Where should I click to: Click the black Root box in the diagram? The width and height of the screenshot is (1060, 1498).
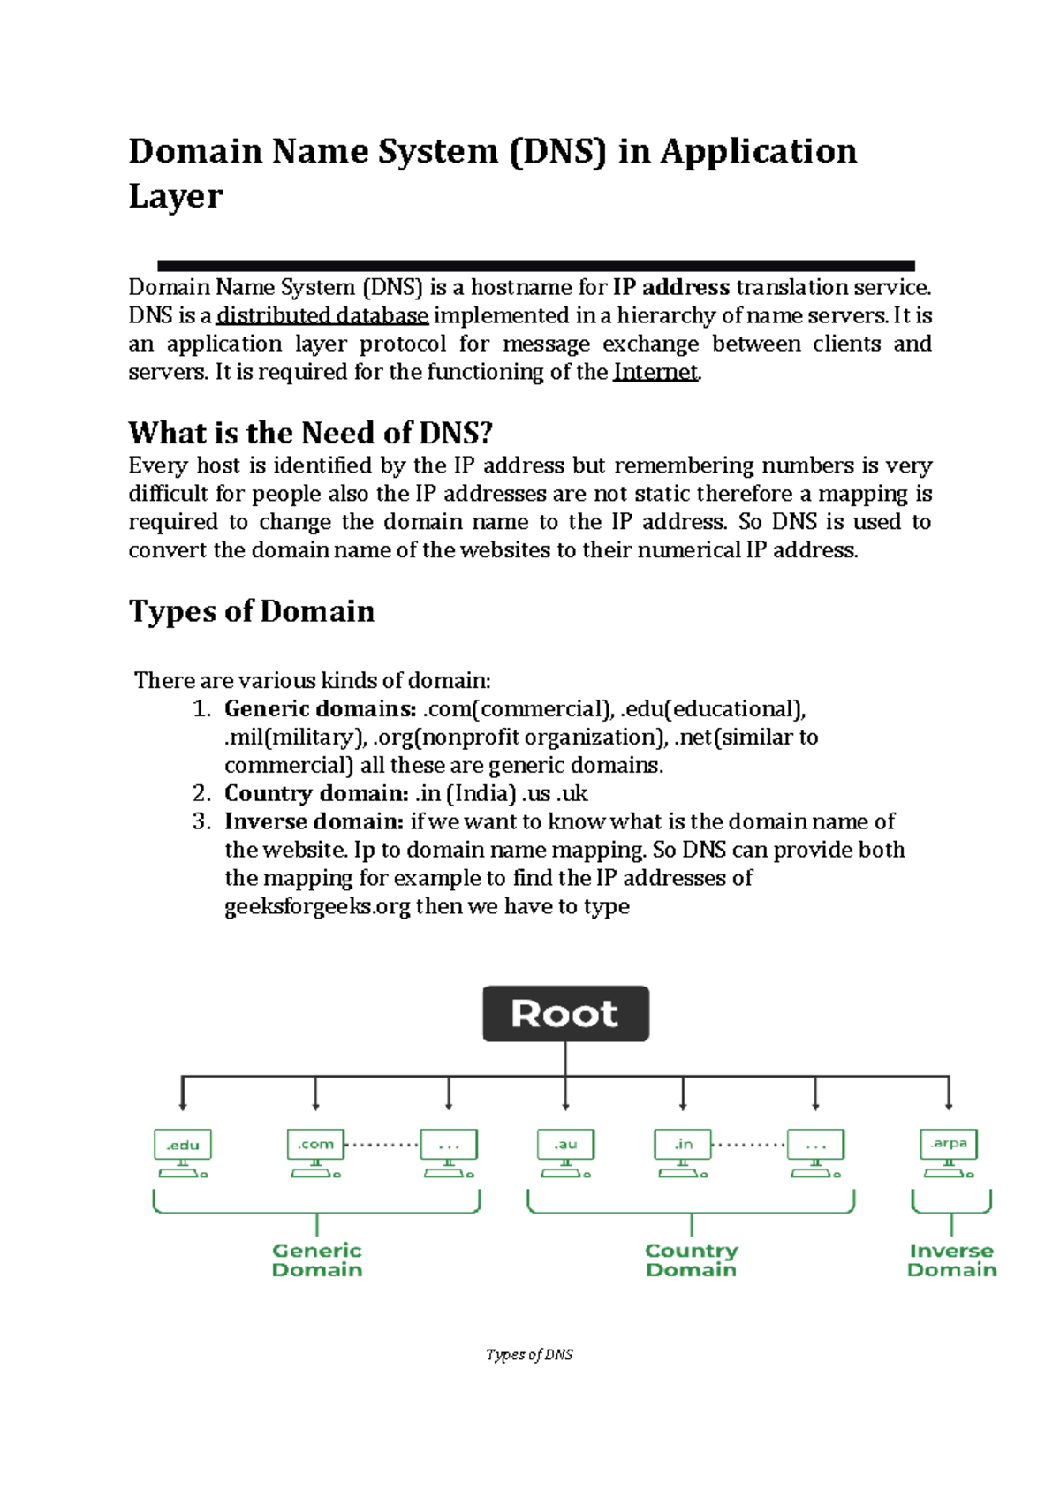(x=565, y=1013)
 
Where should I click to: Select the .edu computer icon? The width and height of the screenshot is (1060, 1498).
(x=183, y=1152)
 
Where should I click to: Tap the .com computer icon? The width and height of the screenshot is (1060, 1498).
(x=315, y=1152)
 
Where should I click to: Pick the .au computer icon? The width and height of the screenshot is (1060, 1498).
(x=565, y=1152)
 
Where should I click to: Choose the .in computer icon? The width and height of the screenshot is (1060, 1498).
(x=683, y=1152)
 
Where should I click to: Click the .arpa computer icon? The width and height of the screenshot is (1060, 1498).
(x=949, y=1152)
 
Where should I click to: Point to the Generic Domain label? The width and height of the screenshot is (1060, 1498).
(x=317, y=1260)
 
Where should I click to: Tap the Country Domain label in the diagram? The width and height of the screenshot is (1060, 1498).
(x=691, y=1260)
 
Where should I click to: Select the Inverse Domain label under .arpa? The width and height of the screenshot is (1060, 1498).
(x=951, y=1260)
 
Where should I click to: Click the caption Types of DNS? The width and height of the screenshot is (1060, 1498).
(x=529, y=1354)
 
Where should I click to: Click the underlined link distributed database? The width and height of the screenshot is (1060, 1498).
(x=322, y=315)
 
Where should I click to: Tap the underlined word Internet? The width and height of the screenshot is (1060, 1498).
(x=655, y=372)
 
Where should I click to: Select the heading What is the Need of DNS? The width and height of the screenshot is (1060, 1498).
(x=310, y=433)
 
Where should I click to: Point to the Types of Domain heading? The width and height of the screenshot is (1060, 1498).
(x=252, y=611)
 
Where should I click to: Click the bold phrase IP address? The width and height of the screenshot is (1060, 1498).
(x=671, y=287)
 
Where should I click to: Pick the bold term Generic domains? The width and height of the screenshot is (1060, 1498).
(x=320, y=708)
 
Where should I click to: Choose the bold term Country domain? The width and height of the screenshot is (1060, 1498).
(x=316, y=793)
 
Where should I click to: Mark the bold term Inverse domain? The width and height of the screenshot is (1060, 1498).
(x=314, y=821)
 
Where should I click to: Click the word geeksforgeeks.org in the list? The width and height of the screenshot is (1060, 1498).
(x=317, y=906)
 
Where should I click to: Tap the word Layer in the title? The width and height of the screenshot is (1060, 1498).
(x=176, y=196)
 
